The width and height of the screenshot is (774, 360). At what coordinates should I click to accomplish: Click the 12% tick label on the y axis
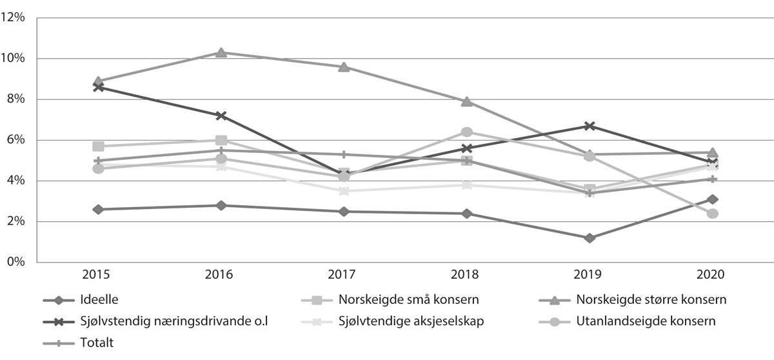(13, 18)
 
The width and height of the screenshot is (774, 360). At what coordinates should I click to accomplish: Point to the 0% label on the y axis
(15, 263)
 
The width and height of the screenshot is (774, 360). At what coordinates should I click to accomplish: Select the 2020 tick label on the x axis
(712, 274)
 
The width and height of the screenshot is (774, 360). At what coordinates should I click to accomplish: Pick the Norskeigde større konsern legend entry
(651, 300)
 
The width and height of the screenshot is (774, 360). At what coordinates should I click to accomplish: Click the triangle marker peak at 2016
(221, 52)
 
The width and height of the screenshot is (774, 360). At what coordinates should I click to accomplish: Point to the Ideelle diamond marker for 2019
(590, 238)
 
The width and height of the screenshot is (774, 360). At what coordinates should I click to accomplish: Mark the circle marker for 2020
(713, 214)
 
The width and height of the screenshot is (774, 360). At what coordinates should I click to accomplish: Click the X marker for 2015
(98, 87)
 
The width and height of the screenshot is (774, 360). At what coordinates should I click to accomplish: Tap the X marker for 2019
(590, 126)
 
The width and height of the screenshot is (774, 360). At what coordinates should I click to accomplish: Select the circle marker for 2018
(467, 132)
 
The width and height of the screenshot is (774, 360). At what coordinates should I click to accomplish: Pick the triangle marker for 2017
(344, 67)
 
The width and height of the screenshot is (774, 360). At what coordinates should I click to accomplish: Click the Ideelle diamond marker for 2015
(98, 209)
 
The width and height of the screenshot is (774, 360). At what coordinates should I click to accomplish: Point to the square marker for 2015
(98, 146)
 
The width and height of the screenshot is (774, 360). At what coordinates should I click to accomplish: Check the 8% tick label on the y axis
(15, 99)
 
